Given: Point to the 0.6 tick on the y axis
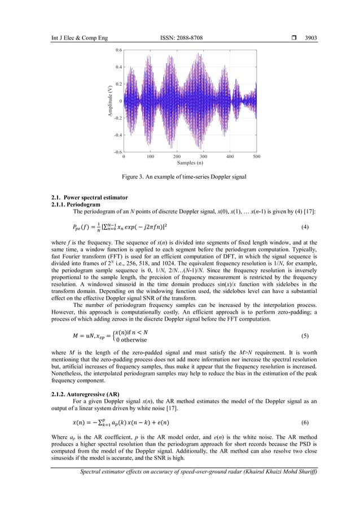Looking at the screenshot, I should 118,50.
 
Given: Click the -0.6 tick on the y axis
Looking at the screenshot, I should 118,152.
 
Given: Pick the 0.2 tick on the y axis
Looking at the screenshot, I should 118,84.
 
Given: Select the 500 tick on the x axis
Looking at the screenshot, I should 257,157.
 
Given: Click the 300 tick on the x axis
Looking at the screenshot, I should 204,157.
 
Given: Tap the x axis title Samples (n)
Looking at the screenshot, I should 190,163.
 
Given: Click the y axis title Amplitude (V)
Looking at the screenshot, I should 109,102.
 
